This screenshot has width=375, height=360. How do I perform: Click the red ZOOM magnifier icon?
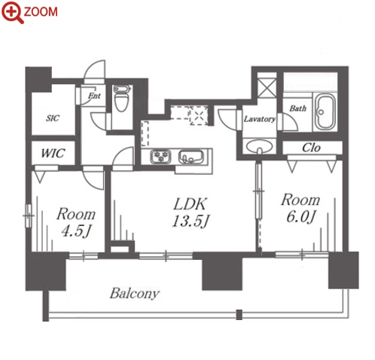click(13, 12)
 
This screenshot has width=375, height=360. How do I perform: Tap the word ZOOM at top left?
click(41, 12)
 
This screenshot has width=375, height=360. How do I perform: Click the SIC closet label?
click(53, 118)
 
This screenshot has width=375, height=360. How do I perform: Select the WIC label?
click(53, 153)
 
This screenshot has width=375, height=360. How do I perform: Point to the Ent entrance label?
click(94, 96)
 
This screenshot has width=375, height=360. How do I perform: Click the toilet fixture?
click(121, 98)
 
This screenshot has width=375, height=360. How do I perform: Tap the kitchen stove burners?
click(161, 157)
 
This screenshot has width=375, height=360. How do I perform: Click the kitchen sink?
click(191, 157)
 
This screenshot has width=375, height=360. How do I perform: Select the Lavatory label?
click(260, 119)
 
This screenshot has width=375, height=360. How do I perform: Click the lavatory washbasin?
click(259, 146)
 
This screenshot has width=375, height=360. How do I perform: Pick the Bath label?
click(298, 108)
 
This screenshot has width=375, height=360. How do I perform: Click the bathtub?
click(325, 112)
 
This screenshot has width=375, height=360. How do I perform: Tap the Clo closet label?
click(311, 148)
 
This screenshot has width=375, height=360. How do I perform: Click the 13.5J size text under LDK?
click(191, 221)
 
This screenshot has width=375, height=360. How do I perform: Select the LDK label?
click(191, 204)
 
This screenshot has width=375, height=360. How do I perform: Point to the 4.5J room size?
click(76, 231)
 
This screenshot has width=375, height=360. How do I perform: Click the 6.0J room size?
click(300, 217)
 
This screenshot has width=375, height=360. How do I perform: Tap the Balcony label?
click(135, 293)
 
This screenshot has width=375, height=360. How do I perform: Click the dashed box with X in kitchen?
click(199, 116)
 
